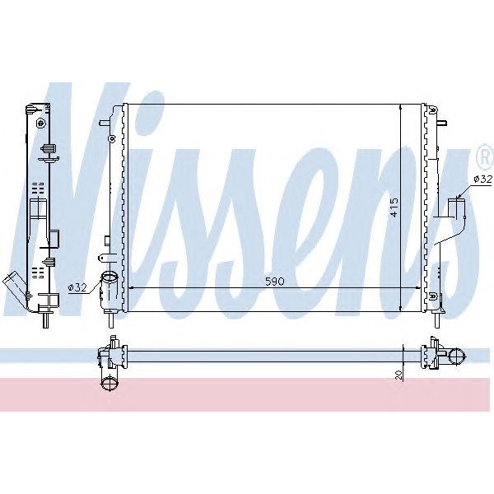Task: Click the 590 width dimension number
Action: pyautogui.click(x=274, y=282)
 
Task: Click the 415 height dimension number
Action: pyautogui.click(x=394, y=206)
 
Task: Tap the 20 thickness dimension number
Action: pyautogui.click(x=398, y=375)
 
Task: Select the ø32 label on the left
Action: pyautogui.click(x=77, y=287)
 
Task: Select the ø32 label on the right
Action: pyautogui.click(x=482, y=178)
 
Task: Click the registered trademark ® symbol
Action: pyautogui.click(x=485, y=154)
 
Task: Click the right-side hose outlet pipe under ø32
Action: pyautogui.click(x=456, y=205)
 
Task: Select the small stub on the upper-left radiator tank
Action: pyautogui.click(x=103, y=125)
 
